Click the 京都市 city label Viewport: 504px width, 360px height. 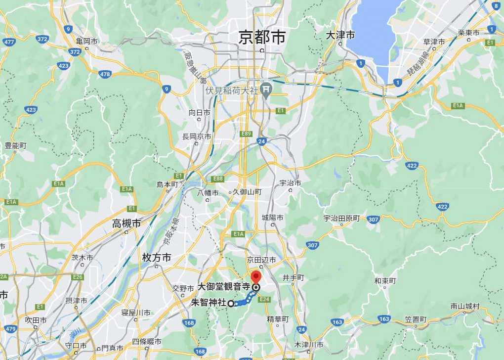pyautogui.click(x=262, y=37)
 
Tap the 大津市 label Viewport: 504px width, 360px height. pyautogui.click(x=341, y=35)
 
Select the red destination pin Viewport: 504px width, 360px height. pyautogui.click(x=256, y=277)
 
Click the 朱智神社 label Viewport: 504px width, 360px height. pyautogui.click(x=209, y=303)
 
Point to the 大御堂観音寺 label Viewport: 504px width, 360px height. pyautogui.click(x=224, y=286)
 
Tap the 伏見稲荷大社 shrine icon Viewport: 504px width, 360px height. pyautogui.click(x=267, y=89)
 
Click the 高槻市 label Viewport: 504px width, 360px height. pyautogui.click(x=126, y=223)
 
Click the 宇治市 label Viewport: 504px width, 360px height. pyautogui.click(x=291, y=183)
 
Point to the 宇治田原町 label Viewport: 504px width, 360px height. pyautogui.click(x=342, y=218)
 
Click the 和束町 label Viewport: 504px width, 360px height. pyautogui.click(x=385, y=280)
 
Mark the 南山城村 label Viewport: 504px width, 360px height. pyautogui.click(x=465, y=306)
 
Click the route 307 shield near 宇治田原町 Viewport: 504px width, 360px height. pyautogui.click(x=373, y=219)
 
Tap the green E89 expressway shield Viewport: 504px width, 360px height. pyautogui.click(x=246, y=134)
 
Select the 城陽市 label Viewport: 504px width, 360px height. pyautogui.click(x=273, y=218)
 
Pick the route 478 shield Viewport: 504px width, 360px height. pyautogui.click(x=105, y=74)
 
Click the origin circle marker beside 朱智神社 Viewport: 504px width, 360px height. pyautogui.click(x=231, y=304)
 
